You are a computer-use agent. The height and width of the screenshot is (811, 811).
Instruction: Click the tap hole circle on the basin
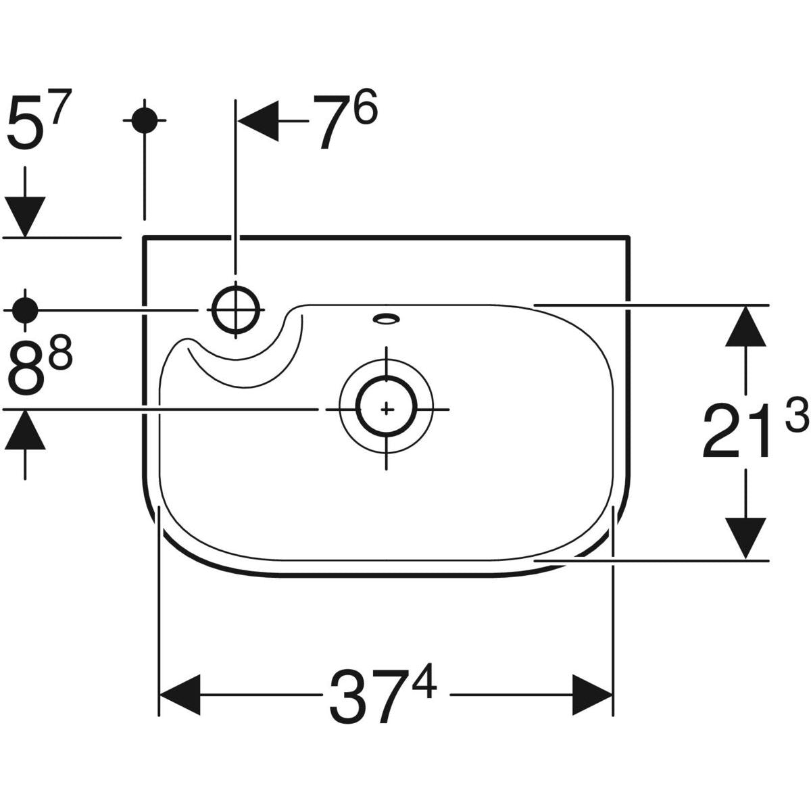coord(235,308)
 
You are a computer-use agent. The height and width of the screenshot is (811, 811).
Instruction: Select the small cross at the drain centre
coord(387,409)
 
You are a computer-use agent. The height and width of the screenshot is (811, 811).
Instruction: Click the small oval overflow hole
coord(387,318)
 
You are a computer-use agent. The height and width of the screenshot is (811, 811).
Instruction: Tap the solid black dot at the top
coord(144,121)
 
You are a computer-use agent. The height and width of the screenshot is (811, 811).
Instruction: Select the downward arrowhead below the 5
coord(25,216)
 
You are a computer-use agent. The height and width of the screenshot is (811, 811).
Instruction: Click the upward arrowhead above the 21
coord(745,326)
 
